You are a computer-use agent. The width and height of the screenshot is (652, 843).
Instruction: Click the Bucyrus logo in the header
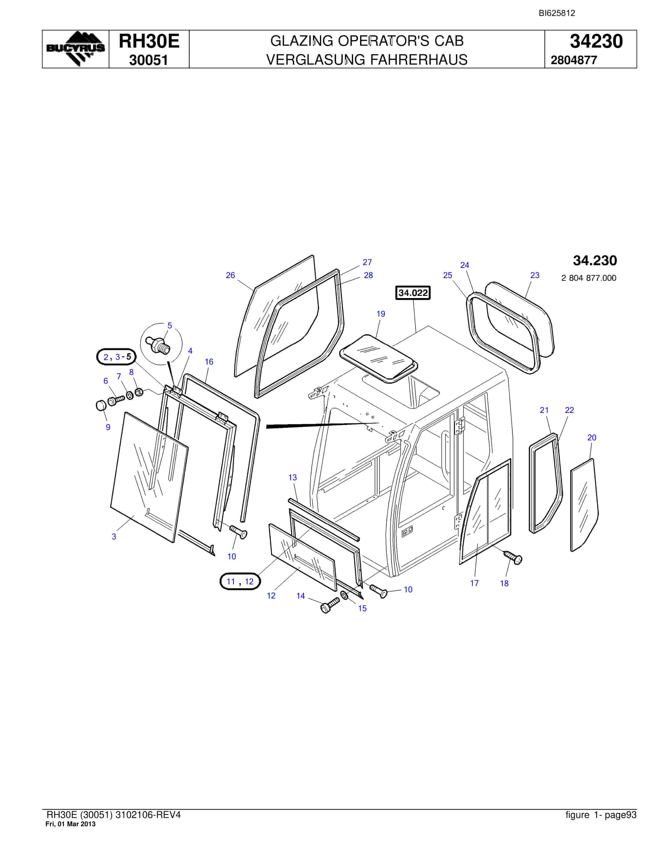click(75, 49)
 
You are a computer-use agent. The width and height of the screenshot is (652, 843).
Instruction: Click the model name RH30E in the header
click(149, 41)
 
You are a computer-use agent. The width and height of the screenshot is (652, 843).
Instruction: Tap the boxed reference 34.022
click(413, 293)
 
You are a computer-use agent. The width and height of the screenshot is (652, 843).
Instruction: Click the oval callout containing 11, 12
click(240, 581)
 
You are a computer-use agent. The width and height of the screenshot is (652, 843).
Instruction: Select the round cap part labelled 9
click(101, 406)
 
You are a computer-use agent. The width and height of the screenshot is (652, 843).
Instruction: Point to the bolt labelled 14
click(330, 605)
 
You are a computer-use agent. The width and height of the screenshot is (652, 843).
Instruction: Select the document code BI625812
click(557, 13)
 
